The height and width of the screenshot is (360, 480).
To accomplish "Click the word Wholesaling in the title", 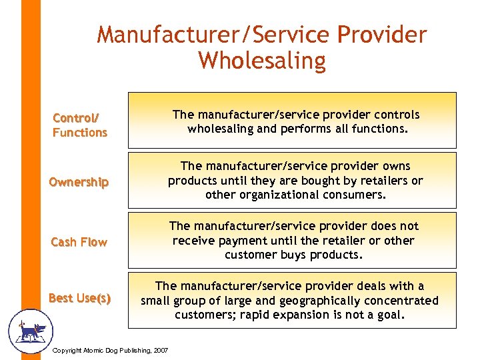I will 261,61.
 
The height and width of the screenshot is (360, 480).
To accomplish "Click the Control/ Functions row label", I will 79,125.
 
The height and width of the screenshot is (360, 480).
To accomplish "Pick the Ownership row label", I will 79,182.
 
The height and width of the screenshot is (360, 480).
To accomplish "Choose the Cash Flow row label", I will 79,242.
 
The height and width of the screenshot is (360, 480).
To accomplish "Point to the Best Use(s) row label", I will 79,298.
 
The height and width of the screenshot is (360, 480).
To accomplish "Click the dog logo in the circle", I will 29,330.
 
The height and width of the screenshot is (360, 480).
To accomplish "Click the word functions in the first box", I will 380,129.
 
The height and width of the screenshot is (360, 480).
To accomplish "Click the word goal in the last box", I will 389,315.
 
